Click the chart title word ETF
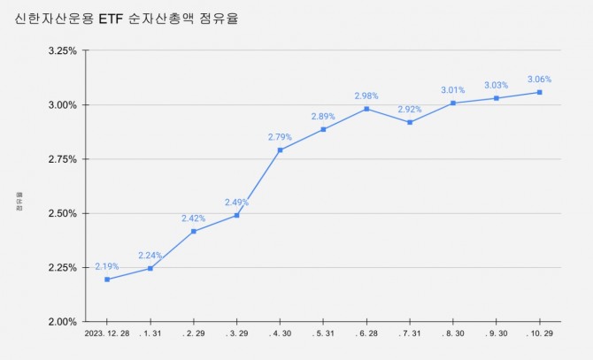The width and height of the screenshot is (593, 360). tap(135, 18)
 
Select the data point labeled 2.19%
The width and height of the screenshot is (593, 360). tap(107, 280)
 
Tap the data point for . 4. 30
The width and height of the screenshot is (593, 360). tap(281, 149)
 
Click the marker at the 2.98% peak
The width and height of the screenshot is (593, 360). tap(366, 109)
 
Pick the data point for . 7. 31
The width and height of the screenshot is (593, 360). tap(410, 122)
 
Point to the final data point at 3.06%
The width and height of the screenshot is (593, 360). tap(540, 92)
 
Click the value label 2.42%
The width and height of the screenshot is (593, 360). tap(194, 218)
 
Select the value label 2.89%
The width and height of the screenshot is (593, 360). tap(324, 116)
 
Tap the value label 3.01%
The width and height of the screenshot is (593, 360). tap(453, 89)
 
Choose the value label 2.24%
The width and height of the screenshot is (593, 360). tap(150, 256)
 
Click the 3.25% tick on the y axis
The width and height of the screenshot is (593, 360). tap(62, 50)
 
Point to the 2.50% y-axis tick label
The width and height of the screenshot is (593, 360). tap(62, 213)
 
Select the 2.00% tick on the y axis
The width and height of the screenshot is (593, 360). tap(62, 322)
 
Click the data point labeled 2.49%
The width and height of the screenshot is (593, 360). tap(237, 215)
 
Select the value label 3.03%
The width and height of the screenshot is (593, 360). tap(497, 85)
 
